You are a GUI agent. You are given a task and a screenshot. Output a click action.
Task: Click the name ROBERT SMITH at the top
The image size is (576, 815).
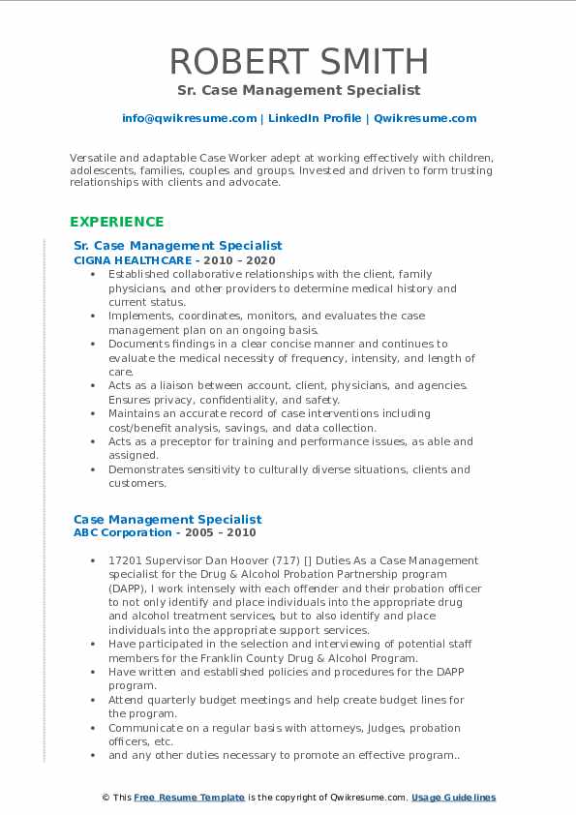point(299,61)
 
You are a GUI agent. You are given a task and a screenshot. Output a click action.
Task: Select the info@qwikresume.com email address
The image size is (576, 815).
point(189,118)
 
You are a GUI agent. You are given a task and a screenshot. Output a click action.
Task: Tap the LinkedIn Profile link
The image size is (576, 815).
point(314,118)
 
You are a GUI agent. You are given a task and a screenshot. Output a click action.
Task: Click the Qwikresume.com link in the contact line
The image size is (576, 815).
point(425,118)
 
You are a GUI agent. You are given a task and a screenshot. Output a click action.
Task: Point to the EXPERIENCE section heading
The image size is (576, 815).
point(117,222)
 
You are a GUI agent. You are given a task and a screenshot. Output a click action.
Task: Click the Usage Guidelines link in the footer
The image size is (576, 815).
point(453,798)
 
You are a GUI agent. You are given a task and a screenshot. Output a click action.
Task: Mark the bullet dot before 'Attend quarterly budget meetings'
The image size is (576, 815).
point(92,700)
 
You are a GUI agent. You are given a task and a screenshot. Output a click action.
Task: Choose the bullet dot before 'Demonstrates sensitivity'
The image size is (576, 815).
point(92,469)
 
